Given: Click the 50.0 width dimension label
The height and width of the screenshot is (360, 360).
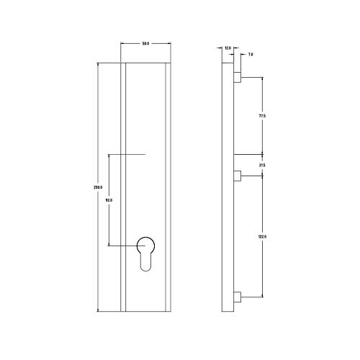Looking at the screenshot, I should pyautogui.click(x=145, y=45).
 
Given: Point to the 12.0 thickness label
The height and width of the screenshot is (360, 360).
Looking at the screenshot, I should pyautogui.click(x=228, y=48).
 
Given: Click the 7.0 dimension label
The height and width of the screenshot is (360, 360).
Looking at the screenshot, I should pyautogui.click(x=250, y=54).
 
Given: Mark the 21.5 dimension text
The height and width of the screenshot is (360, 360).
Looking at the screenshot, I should pyautogui.click(x=262, y=166).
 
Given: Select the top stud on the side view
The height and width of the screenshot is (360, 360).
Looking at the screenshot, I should pyautogui.click(x=237, y=76).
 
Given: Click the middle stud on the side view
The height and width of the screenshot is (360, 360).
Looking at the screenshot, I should pyautogui.click(x=237, y=175).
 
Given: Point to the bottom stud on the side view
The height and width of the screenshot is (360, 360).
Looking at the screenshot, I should pyautogui.click(x=237, y=296).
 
